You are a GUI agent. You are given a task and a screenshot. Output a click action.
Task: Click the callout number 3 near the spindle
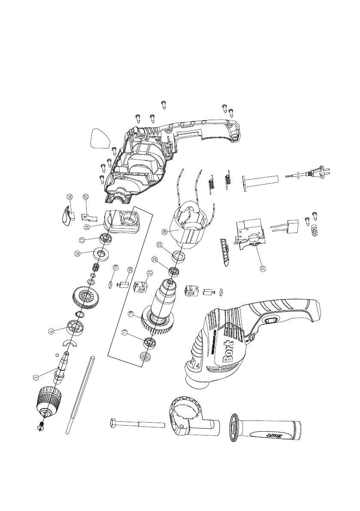[36, 378]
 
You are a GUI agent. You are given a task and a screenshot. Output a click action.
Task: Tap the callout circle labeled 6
[51, 331]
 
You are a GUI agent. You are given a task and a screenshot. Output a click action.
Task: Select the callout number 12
[77, 254]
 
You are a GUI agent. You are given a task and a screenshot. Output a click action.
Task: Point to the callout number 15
[86, 197]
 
